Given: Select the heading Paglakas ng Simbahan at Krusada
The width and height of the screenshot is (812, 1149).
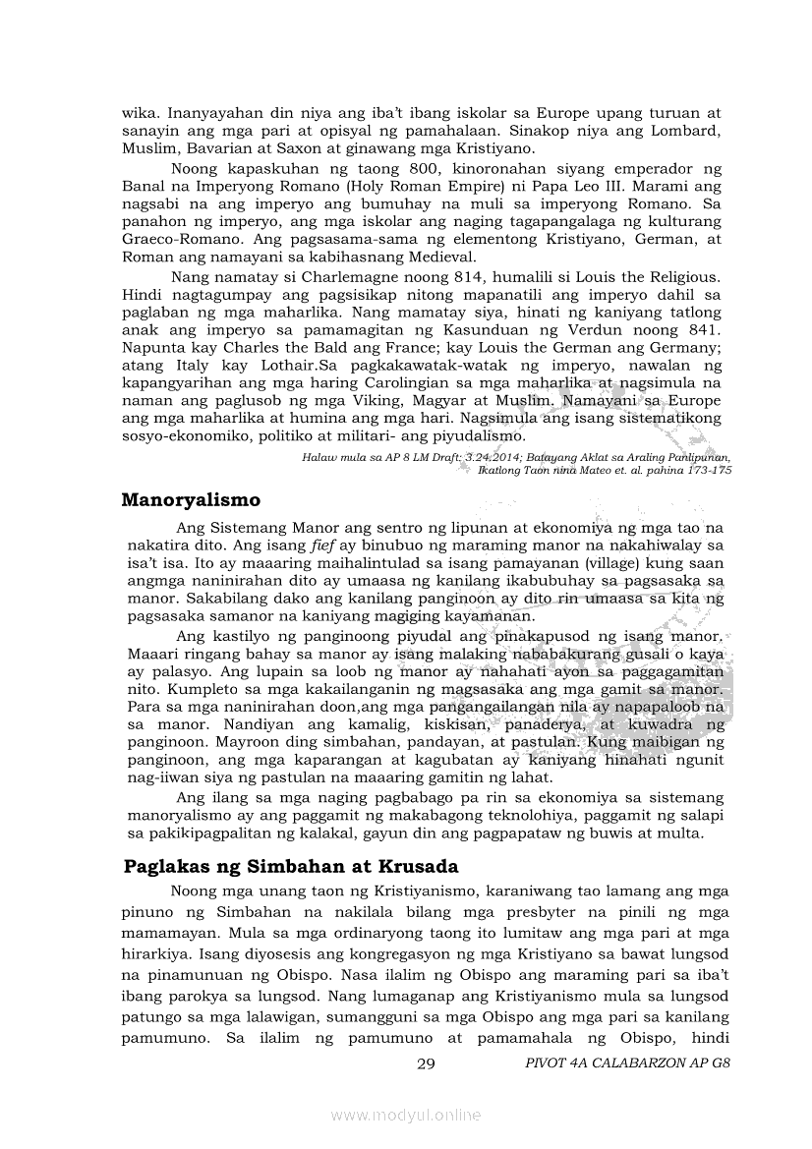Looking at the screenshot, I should pyautogui.click(x=291, y=867).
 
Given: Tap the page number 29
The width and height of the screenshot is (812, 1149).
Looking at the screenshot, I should pyautogui.click(x=426, y=1063).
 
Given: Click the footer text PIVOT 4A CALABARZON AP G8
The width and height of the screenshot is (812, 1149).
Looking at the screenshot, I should pyautogui.click(x=628, y=1063).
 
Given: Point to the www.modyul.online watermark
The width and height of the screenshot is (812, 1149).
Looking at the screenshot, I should pyautogui.click(x=406, y=1115).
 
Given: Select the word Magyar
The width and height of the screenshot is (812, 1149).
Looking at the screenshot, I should pyautogui.click(x=437, y=401).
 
